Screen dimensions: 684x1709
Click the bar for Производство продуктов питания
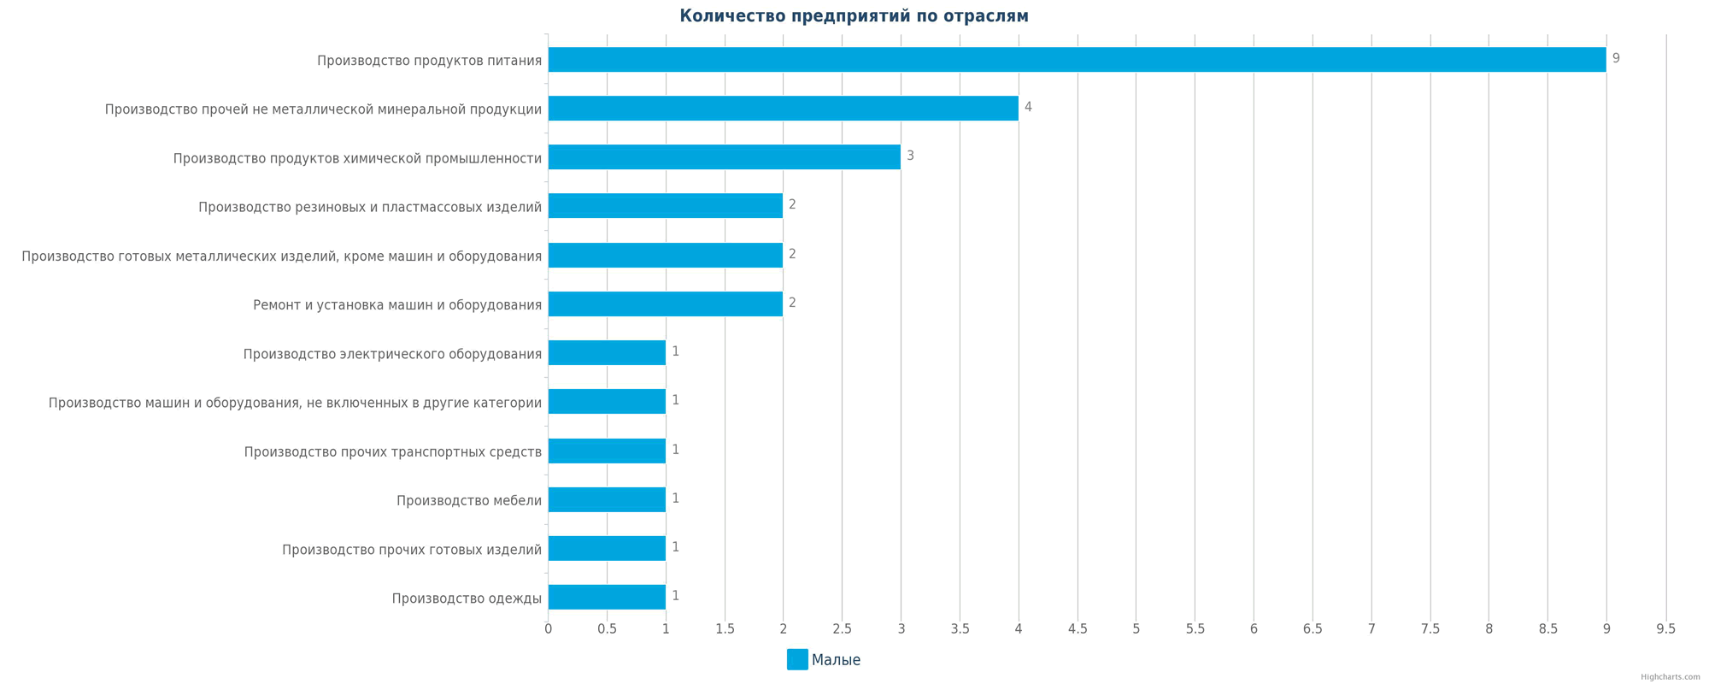[1077, 60]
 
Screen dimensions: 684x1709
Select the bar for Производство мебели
[607, 499]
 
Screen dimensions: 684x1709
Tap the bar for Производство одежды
[607, 597]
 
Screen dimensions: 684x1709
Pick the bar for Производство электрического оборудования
[607, 353]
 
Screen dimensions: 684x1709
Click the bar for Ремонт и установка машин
[665, 304]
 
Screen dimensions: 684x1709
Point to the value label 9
[1616, 58]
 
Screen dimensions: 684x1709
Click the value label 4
[1028, 107]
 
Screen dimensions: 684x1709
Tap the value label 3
[910, 156]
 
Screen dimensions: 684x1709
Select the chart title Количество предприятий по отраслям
[854, 16]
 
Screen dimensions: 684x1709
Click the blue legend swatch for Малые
[796, 659]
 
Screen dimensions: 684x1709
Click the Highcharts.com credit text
[1670, 677]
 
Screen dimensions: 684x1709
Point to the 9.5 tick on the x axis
[1665, 629]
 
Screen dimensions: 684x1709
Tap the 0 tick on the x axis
[548, 629]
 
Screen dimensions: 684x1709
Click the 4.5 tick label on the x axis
[1077, 629]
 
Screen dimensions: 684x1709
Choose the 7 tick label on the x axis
[1371, 629]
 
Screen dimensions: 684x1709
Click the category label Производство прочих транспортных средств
[392, 451]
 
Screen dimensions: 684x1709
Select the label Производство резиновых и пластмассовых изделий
[369, 207]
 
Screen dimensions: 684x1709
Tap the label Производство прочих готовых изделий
[411, 550]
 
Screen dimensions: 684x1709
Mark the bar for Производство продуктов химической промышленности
[724, 157]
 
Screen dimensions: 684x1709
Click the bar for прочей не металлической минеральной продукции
[783, 109]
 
